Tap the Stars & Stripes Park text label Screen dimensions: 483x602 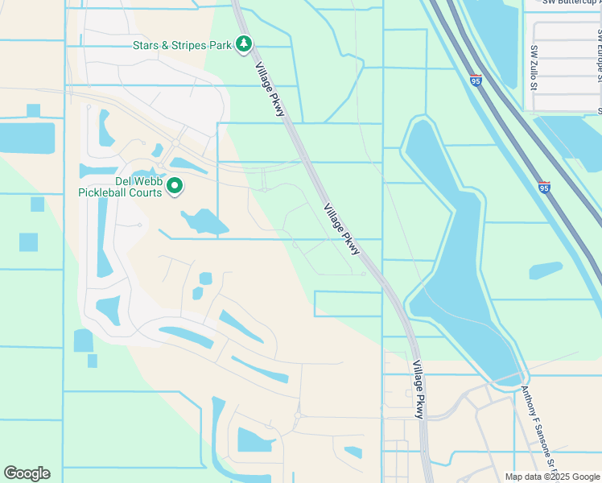(x=182, y=44)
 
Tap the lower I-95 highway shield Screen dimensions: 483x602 (x=544, y=188)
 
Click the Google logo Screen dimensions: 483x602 (x=27, y=473)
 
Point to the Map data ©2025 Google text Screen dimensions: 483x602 (x=552, y=477)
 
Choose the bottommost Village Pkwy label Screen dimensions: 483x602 (x=418, y=389)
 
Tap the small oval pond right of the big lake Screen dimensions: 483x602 (x=546, y=270)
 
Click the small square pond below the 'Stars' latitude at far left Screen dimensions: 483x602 (x=33, y=110)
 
